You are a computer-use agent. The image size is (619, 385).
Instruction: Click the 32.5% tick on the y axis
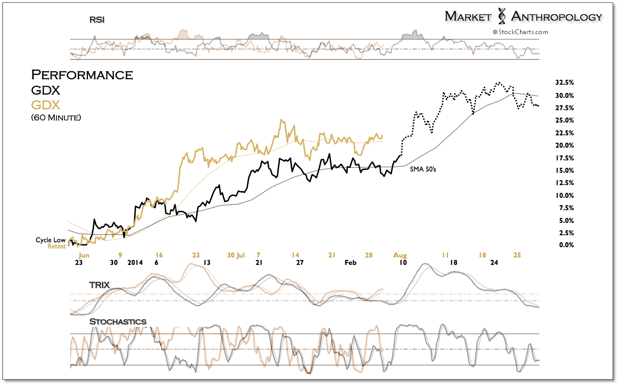564,83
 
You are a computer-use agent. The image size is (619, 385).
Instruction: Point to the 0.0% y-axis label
566,245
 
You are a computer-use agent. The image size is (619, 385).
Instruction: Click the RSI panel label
97,20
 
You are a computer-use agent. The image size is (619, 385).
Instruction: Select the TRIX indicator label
99,285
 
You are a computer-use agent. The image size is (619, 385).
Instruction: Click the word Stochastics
118,322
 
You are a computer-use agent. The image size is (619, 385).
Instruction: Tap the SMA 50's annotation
423,169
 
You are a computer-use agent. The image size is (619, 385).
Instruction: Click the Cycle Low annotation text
51,240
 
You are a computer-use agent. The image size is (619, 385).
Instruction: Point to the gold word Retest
57,246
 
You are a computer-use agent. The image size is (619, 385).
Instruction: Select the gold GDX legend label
46,105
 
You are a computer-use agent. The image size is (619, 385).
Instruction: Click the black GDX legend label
46,90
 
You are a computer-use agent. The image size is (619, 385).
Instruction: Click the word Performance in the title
82,75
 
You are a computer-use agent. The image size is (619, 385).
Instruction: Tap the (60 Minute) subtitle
56,118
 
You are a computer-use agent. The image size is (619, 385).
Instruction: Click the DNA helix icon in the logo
501,16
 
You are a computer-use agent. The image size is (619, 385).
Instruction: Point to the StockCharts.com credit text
521,32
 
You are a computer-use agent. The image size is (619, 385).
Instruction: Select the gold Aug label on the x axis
400,255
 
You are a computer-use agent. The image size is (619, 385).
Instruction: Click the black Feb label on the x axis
351,262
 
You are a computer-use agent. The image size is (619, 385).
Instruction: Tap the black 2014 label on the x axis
135,262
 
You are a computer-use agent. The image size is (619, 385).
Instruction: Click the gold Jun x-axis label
84,255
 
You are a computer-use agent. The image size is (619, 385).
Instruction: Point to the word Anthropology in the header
557,17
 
